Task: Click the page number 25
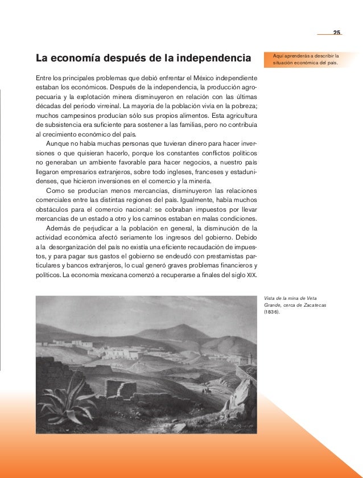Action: point(336,31)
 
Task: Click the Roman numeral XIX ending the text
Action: point(251,275)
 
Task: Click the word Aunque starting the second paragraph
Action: point(59,143)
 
